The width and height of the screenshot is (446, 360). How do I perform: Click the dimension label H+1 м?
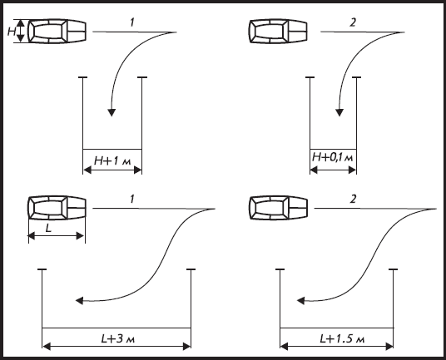(x=112, y=161)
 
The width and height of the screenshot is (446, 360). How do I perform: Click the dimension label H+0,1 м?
(x=333, y=157)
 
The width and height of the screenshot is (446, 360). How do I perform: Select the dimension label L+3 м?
(x=118, y=338)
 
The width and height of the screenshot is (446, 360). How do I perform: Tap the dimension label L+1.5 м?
(x=342, y=338)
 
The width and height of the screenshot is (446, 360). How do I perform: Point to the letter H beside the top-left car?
(x=12, y=32)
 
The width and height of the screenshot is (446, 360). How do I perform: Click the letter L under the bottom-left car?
(x=48, y=228)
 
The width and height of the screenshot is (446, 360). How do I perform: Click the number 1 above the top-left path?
(x=132, y=22)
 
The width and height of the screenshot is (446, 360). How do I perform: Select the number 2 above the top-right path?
(x=353, y=22)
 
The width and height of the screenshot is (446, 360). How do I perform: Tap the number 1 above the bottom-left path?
(x=132, y=200)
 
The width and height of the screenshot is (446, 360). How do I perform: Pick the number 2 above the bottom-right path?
(x=353, y=199)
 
